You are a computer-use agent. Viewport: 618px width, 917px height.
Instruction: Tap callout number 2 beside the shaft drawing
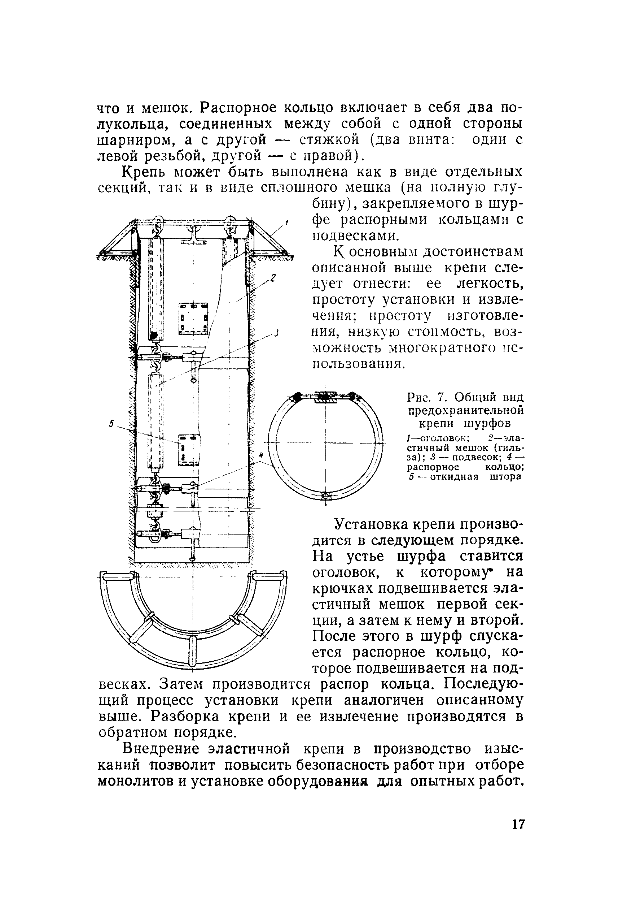click(273, 277)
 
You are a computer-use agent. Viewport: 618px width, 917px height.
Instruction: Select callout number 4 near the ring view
click(260, 456)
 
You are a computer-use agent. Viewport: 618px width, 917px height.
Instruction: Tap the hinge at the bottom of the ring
click(325, 496)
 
